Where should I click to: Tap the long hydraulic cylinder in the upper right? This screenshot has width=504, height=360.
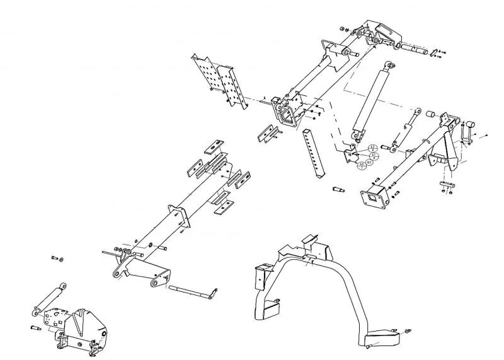(371, 101)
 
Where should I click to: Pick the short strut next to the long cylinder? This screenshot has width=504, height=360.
(405, 130)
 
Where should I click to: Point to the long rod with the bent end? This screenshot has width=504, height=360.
(192, 291)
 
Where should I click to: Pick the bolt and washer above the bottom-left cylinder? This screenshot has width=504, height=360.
(60, 258)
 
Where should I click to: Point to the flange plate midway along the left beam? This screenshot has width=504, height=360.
(180, 214)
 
